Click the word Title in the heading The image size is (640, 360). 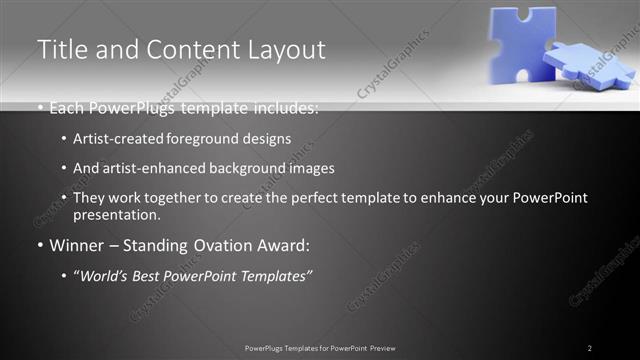click(62, 49)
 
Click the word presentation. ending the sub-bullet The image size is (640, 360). click(116, 215)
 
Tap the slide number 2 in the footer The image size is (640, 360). click(590, 348)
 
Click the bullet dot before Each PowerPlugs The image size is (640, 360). click(40, 108)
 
